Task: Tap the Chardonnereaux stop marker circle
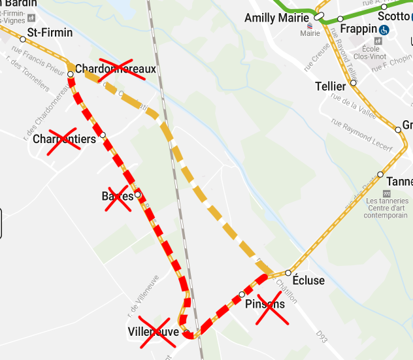point(70,74)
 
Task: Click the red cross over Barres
point(118,197)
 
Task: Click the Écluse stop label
point(309,280)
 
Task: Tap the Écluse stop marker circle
point(288,272)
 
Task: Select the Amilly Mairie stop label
point(278,18)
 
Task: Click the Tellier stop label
point(330,86)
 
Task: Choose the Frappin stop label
point(359,29)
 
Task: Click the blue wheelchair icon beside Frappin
point(385,29)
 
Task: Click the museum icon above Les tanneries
point(386,194)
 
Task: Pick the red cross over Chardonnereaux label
point(122,69)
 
